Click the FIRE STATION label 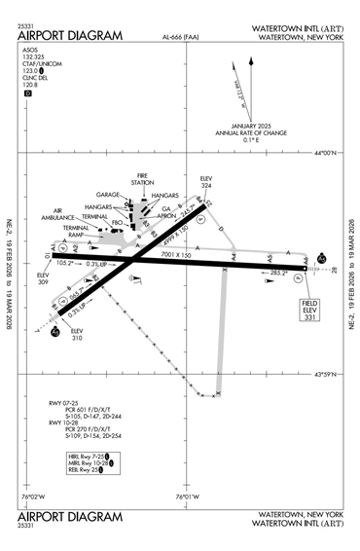pos(143,179)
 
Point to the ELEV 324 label pos(205,182)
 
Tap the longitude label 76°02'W pos(34,497)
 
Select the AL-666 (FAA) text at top pos(182,40)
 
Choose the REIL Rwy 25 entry pos(83,470)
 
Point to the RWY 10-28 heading pos(64,422)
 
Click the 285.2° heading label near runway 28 pos(278,275)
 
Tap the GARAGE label pos(108,195)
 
